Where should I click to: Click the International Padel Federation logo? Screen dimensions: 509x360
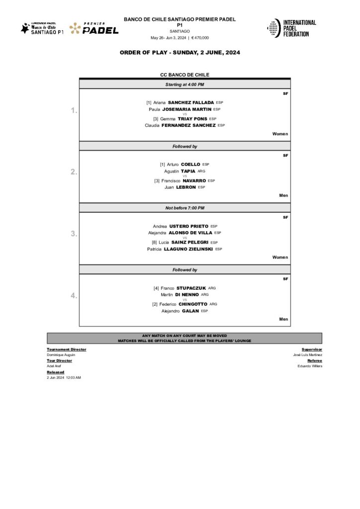[x=292, y=28]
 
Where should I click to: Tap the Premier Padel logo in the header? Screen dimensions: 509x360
[x=94, y=28]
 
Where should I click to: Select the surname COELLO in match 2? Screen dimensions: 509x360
[x=191, y=164]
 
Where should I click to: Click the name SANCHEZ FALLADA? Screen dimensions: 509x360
[x=191, y=102]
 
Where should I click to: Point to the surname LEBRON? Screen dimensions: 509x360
[x=186, y=187]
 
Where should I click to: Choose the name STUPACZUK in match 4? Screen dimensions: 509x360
[x=191, y=288]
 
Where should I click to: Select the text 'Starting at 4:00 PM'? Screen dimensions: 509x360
[x=184, y=85]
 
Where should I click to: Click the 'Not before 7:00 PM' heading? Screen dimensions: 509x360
[x=184, y=208]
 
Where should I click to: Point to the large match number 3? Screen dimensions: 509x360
[x=74, y=234]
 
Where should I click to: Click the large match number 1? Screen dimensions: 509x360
[x=74, y=110]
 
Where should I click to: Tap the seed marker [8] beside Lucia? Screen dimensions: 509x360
[x=155, y=242]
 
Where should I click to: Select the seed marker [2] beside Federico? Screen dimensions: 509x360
[x=155, y=304]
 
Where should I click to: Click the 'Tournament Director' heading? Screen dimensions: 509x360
[x=66, y=349]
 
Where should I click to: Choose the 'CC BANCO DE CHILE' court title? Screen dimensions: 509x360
[x=184, y=75]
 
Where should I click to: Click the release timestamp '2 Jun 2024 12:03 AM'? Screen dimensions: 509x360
[x=64, y=378]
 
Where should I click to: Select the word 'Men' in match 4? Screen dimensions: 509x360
[x=283, y=319]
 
